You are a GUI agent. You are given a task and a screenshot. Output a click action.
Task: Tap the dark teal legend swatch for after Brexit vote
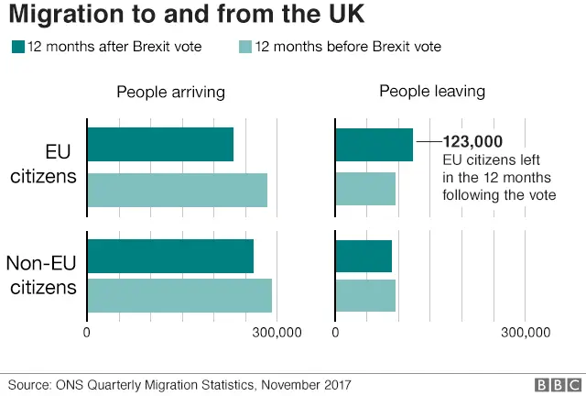pyautogui.click(x=17, y=46)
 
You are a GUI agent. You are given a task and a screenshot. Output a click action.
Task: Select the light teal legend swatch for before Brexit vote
pyautogui.click(x=244, y=46)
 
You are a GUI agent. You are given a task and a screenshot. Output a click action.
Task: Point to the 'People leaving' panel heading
pyautogui.click(x=432, y=92)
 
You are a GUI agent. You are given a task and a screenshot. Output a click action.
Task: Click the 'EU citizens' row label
pyautogui.click(x=43, y=165)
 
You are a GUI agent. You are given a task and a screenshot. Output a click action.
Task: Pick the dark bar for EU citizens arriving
pyautogui.click(x=160, y=145)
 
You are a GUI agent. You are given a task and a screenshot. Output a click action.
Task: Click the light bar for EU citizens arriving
pyautogui.click(x=177, y=189)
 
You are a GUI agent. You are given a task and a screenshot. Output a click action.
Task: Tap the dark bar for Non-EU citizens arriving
pyautogui.click(x=170, y=256)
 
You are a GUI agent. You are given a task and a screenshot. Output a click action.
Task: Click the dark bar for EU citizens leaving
pyautogui.click(x=374, y=145)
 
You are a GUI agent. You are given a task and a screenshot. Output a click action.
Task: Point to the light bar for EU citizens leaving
pyautogui.click(x=366, y=189)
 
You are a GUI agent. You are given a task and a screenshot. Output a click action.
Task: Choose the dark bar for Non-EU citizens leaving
pyautogui.click(x=364, y=256)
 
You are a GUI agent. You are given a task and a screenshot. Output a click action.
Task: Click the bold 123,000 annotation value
pyautogui.click(x=472, y=142)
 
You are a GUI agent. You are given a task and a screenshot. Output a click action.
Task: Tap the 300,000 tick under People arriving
pyautogui.click(x=277, y=333)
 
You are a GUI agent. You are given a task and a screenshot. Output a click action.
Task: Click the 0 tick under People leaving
pyautogui.click(x=336, y=333)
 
